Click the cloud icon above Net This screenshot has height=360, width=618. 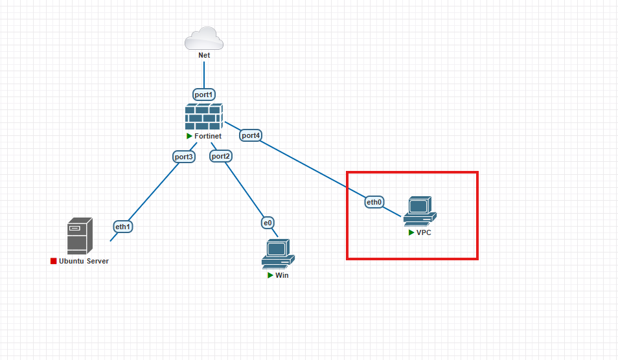pyautogui.click(x=204, y=38)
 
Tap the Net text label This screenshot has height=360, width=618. pyautogui.click(x=204, y=56)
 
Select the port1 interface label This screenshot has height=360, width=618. pyautogui.click(x=203, y=95)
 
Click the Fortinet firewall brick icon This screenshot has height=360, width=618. pyautogui.click(x=203, y=117)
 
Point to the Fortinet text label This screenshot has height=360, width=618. pyautogui.click(x=208, y=136)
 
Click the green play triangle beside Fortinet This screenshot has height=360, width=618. pyautogui.click(x=189, y=136)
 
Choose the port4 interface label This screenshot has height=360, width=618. pyautogui.click(x=251, y=135)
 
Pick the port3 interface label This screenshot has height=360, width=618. pyautogui.click(x=183, y=157)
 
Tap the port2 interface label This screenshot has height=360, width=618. pyautogui.click(x=221, y=156)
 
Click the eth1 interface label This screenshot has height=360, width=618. pyautogui.click(x=123, y=227)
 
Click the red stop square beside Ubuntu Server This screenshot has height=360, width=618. pyautogui.click(x=54, y=261)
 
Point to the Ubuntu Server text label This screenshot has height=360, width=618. pyautogui.click(x=84, y=261)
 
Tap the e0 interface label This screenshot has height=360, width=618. pyautogui.click(x=268, y=223)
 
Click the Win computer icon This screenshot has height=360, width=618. pyautogui.click(x=278, y=253)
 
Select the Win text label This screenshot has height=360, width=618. pyautogui.click(x=282, y=275)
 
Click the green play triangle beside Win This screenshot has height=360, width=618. pyautogui.click(x=271, y=275)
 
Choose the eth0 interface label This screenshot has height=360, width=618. pyautogui.click(x=374, y=202)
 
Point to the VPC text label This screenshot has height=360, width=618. pyautogui.click(x=424, y=232)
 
